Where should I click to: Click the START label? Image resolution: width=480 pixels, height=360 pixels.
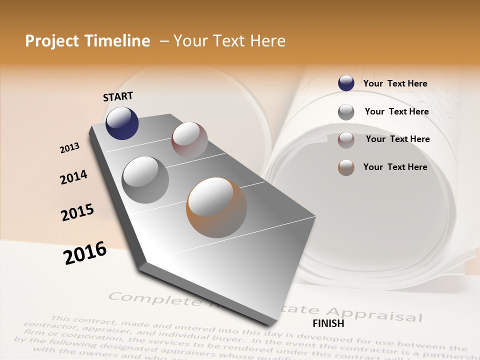click(118, 96)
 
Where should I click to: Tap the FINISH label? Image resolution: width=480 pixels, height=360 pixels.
click(328, 323)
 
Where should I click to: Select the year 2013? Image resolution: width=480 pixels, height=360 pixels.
click(69, 148)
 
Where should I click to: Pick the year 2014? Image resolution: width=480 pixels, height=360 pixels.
click(73, 177)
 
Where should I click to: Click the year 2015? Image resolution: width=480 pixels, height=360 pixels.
click(77, 212)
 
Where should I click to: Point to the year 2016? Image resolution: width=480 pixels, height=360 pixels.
click(85, 252)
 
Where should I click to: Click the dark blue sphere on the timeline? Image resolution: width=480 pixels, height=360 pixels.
click(122, 123)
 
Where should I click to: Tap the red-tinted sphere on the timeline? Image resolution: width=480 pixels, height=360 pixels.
click(189, 140)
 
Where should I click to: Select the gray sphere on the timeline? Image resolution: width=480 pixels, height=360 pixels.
click(145, 179)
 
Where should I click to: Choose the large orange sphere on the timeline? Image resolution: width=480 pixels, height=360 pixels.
click(216, 207)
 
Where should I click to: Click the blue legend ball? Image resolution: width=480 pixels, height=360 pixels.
click(346, 83)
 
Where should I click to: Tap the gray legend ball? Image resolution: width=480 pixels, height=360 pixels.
click(346, 111)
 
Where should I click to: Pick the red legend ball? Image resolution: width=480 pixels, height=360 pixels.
click(346, 139)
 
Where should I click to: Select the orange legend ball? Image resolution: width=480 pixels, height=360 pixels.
click(346, 167)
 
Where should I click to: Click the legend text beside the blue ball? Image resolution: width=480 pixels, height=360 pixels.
click(395, 83)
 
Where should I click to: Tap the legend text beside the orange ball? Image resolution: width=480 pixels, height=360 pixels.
click(395, 167)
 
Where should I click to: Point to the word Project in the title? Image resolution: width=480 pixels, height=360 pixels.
click(52, 41)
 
